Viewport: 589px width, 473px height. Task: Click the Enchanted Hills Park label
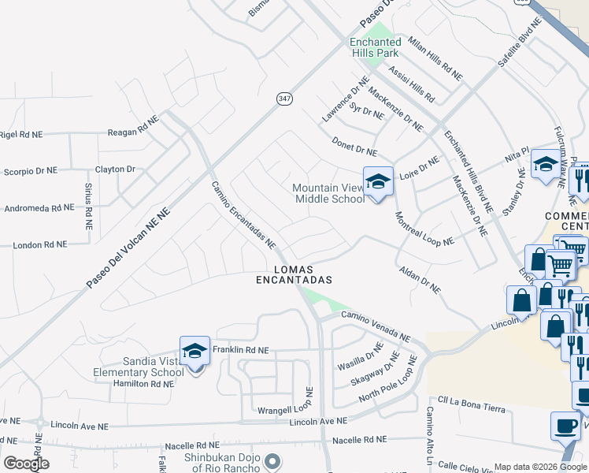pos(375,47)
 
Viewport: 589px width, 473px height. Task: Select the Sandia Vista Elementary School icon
pos(194,352)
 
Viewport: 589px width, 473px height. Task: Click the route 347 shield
pos(284,99)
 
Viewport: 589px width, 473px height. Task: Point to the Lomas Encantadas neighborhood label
pos(294,275)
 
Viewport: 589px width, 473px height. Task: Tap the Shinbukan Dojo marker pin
pos(272,460)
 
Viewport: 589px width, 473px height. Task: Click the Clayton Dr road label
pos(116,169)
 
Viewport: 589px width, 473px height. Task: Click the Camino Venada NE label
pos(375,326)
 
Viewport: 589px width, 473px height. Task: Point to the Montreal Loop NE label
pos(424,229)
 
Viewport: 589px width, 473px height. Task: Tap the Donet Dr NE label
pos(354,147)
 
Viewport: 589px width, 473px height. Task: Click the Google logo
pos(26,463)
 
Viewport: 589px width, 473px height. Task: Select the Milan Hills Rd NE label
pos(435,60)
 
